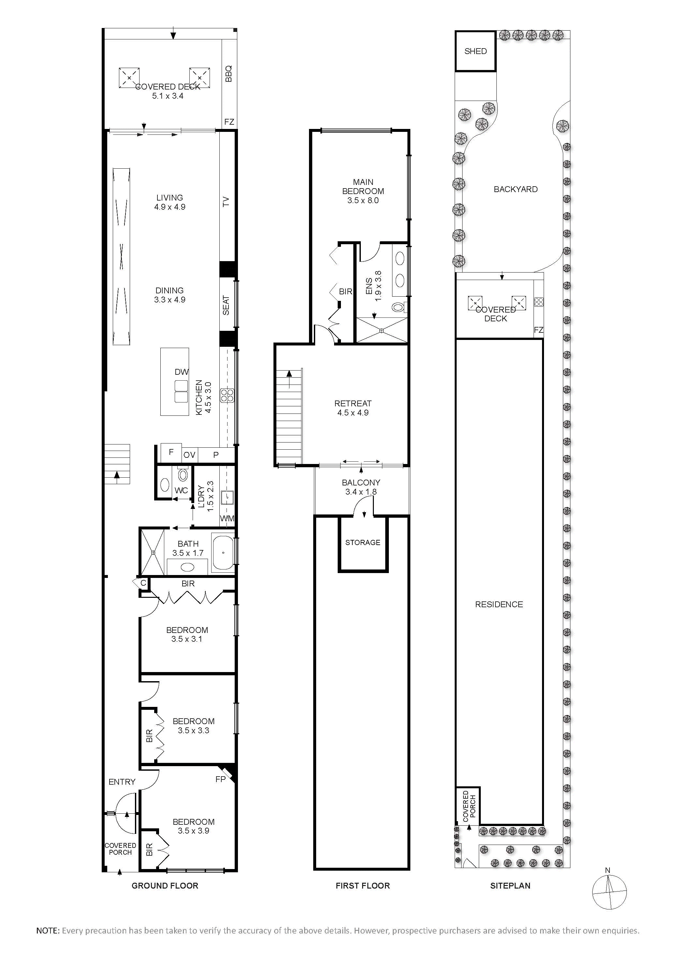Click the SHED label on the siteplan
pyautogui.click(x=475, y=51)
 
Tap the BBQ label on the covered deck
pyautogui.click(x=228, y=74)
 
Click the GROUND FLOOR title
pyautogui.click(x=165, y=886)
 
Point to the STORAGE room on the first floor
pyautogui.click(x=362, y=542)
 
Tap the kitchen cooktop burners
pyautogui.click(x=227, y=395)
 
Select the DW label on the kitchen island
pyautogui.click(x=182, y=372)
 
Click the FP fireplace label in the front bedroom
pyautogui.click(x=221, y=779)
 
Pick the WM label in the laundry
pyautogui.click(x=227, y=518)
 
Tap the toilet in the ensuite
pyautogui.click(x=398, y=307)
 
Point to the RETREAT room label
pyautogui.click(x=353, y=403)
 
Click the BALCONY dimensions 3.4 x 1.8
pyautogui.click(x=361, y=492)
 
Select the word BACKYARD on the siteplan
pyautogui.click(x=516, y=189)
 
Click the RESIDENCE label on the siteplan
pyautogui.click(x=499, y=604)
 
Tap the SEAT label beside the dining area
pyautogui.click(x=226, y=305)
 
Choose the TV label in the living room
pyautogui.click(x=226, y=202)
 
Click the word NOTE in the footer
pyautogui.click(x=48, y=931)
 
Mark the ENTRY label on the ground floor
pyautogui.click(x=122, y=782)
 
